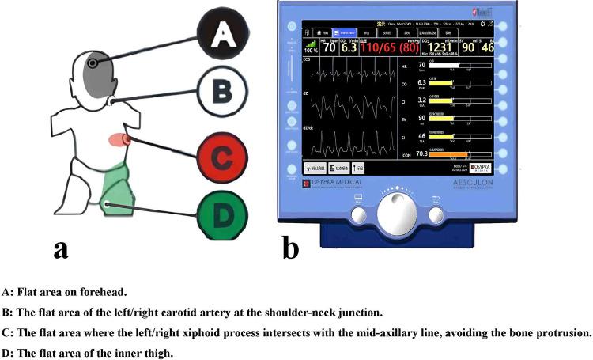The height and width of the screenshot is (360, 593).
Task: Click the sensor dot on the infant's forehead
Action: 93,63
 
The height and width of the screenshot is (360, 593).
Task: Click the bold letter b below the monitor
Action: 291,248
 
